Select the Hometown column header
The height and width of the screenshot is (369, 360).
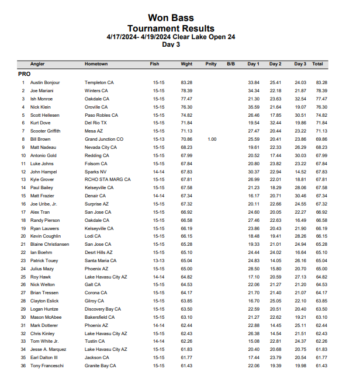click(x=96, y=64)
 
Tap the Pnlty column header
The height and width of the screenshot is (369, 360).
click(x=211, y=64)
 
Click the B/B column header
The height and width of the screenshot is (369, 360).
click(x=230, y=64)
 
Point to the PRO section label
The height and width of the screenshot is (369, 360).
click(x=24, y=74)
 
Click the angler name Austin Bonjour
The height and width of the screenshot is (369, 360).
click(x=45, y=83)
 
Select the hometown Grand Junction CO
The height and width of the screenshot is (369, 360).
click(x=104, y=140)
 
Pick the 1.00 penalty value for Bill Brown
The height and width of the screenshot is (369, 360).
click(x=212, y=140)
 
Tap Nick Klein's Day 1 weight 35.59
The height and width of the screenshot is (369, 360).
click(x=254, y=107)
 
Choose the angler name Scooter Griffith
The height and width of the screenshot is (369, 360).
click(x=46, y=131)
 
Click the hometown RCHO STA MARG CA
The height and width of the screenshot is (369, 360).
click(x=108, y=180)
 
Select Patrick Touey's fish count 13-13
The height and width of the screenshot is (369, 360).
click(x=158, y=260)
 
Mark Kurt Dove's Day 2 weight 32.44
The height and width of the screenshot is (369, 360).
click(x=276, y=123)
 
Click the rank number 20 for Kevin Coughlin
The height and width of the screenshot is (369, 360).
click(x=23, y=236)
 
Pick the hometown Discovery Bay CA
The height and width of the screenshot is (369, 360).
click(x=103, y=309)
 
